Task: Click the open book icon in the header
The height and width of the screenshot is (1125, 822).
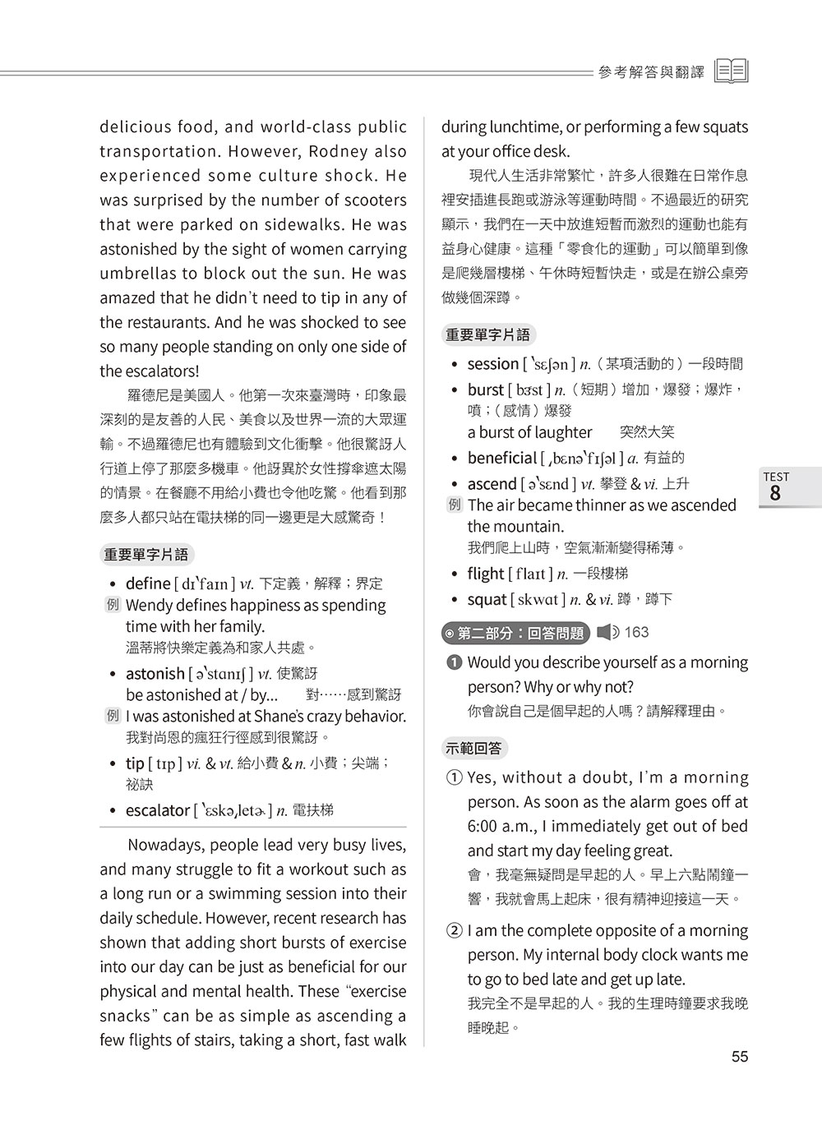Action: [x=732, y=71]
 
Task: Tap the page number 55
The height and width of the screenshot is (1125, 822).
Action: [x=740, y=1057]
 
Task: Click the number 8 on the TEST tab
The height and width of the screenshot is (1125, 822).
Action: [x=775, y=493]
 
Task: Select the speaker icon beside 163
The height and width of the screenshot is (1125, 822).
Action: [x=608, y=632]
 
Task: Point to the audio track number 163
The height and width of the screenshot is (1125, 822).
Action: [x=637, y=632]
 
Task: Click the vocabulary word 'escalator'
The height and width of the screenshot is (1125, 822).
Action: [x=157, y=810]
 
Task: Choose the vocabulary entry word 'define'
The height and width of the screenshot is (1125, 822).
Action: [x=148, y=583]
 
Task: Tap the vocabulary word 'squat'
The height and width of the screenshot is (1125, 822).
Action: [x=487, y=599]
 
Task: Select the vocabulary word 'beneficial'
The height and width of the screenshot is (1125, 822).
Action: [x=501, y=458]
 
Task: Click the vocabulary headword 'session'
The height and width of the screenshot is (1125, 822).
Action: [x=493, y=363]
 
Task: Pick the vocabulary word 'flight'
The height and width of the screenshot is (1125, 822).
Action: [x=486, y=574]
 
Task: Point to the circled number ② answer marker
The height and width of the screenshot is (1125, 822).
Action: [x=455, y=931]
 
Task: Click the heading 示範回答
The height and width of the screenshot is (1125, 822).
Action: [x=475, y=749]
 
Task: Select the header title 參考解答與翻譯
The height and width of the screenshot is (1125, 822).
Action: [x=652, y=72]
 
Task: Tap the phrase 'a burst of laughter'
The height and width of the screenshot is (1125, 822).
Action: [x=529, y=432]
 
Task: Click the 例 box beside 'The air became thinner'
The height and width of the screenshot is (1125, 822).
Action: [x=455, y=505]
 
